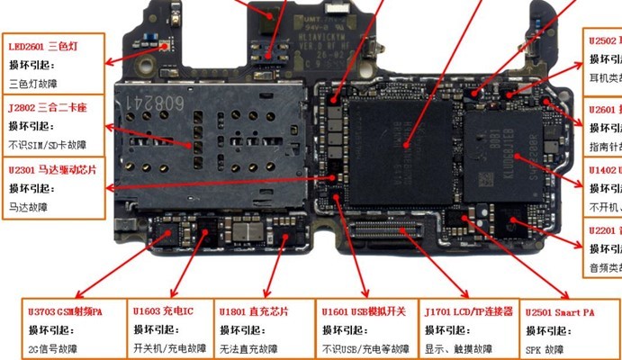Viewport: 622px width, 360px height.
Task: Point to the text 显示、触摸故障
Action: [458, 348]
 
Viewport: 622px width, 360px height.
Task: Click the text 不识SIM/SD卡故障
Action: [48, 145]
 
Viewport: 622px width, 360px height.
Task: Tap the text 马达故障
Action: [27, 206]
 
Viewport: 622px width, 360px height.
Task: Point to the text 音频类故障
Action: [605, 268]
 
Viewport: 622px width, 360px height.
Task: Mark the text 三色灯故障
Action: [32, 85]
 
